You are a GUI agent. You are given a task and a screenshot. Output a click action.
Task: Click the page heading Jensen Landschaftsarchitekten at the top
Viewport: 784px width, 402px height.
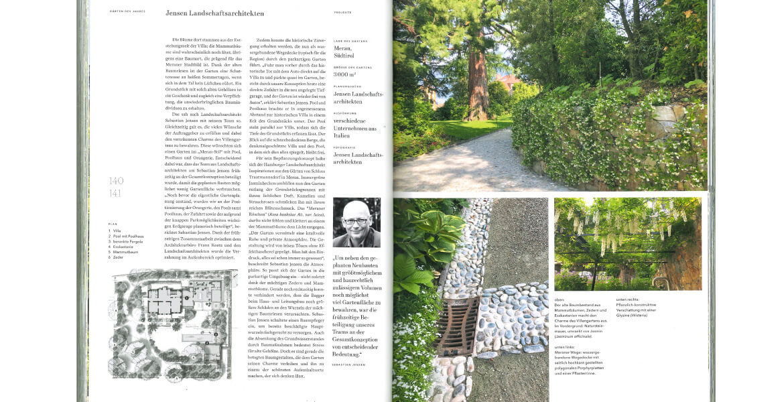click(214, 13)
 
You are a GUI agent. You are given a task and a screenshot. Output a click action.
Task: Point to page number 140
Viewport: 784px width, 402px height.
click(116, 181)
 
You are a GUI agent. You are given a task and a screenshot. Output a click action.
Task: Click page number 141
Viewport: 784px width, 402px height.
click(116, 194)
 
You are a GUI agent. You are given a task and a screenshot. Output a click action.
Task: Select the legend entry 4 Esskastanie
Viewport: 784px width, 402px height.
click(123, 247)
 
